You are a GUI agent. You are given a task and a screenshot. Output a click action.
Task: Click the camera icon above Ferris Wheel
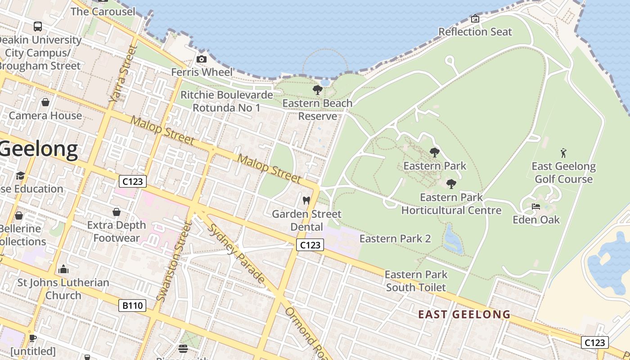pyautogui.click(x=202, y=59)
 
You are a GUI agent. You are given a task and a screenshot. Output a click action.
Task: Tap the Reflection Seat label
pyautogui.click(x=475, y=32)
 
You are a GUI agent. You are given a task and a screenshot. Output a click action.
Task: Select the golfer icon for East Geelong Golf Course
pyautogui.click(x=563, y=153)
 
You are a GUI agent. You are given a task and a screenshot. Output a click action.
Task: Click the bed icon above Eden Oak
pyautogui.click(x=535, y=207)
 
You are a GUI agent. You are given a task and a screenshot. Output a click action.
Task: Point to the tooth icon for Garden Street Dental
pyautogui.click(x=306, y=200)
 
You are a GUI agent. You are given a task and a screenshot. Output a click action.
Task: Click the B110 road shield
pyautogui.click(x=133, y=306)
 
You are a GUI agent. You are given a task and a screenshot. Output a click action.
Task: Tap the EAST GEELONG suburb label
pyautogui.click(x=464, y=314)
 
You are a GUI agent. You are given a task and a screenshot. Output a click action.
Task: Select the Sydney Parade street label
pyautogui.click(x=236, y=254)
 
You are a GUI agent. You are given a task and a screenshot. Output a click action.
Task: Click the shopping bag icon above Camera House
pyautogui.click(x=45, y=102)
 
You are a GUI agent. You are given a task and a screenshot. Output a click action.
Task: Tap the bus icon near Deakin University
pyautogui.click(x=38, y=27)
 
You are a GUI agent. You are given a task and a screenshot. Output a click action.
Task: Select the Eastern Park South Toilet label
pyautogui.click(x=416, y=281)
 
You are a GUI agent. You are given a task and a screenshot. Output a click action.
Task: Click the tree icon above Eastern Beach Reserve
pyautogui.click(x=317, y=90)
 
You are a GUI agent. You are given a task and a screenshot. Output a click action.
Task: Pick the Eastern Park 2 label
pyautogui.click(x=395, y=238)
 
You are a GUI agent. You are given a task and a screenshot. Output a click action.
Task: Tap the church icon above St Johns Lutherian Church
pyautogui.click(x=63, y=270)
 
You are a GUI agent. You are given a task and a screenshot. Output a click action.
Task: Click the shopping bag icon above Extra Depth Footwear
pyautogui.click(x=117, y=211)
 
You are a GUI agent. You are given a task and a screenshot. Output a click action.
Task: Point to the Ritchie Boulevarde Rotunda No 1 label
pyautogui.click(x=226, y=101)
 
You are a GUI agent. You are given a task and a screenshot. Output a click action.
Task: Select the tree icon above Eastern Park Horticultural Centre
pyautogui.click(x=451, y=184)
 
